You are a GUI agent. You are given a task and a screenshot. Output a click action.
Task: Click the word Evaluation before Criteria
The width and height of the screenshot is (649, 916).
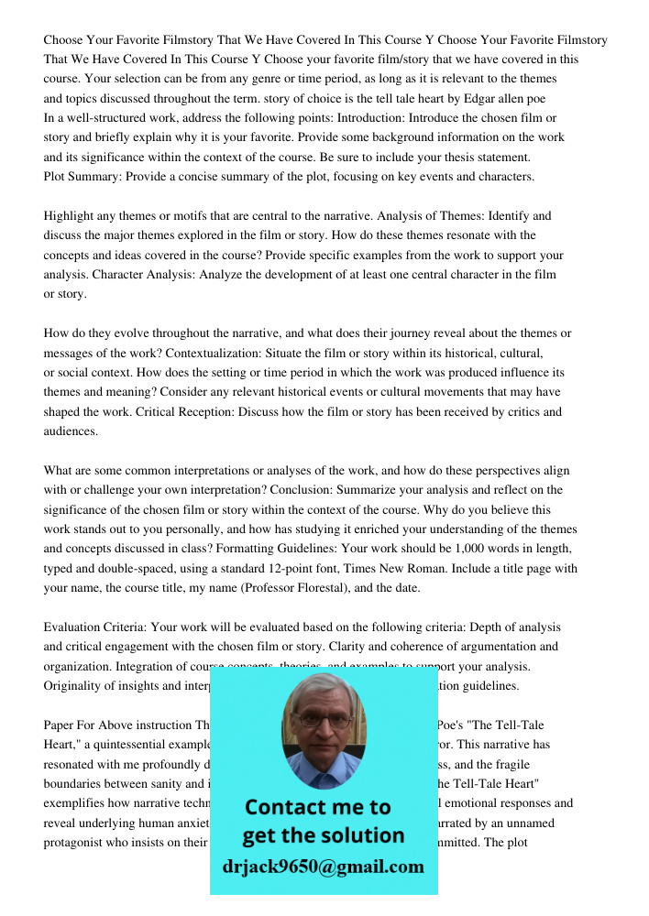pos(72,627)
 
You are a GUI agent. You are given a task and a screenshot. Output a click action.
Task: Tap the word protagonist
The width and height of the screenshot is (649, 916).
pos(77,843)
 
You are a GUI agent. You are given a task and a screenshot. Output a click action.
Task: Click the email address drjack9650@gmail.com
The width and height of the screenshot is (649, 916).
pos(324,867)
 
